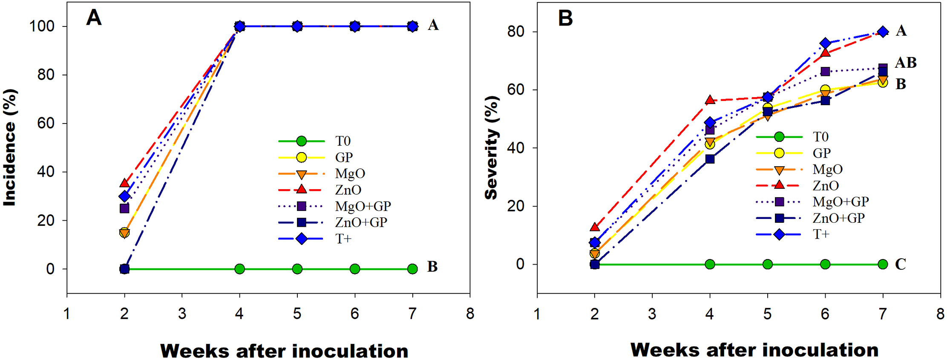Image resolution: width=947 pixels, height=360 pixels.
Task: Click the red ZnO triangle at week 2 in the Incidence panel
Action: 124,183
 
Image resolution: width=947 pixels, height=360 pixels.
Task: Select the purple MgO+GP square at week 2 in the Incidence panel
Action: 124,208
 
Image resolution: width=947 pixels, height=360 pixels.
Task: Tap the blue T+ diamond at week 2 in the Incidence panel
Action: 124,196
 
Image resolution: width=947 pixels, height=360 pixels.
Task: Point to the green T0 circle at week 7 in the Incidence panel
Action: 412,269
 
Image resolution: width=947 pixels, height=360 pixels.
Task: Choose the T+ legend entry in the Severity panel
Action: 820,234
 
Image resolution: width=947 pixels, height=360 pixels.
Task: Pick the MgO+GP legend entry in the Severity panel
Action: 840,202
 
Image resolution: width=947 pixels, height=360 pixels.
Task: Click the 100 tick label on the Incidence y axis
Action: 42,26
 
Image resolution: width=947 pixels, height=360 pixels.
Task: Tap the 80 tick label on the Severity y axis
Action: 516,32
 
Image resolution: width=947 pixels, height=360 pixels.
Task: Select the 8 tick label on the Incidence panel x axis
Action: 470,314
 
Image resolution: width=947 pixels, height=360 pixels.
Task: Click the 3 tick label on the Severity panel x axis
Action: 652,314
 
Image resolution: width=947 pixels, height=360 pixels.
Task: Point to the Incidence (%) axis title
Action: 9,147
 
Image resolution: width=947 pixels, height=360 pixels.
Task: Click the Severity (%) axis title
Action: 491,147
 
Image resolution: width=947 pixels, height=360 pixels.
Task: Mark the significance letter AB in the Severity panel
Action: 906,63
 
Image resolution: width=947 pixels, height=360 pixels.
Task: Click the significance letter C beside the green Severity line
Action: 900,265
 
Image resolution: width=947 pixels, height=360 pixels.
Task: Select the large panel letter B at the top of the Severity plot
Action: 565,18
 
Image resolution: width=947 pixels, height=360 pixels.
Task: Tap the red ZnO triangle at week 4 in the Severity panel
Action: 710,100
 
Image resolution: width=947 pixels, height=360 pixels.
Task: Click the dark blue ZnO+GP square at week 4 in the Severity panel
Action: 710,159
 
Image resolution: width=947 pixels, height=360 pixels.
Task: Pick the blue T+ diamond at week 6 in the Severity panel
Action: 825,43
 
